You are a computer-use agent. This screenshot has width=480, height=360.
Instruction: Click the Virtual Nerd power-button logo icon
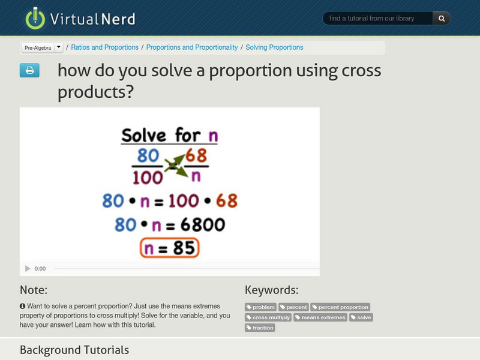point(35,19)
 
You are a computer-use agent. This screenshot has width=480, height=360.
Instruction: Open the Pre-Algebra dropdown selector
point(42,47)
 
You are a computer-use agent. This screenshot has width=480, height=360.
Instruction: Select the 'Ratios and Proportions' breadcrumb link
point(105,47)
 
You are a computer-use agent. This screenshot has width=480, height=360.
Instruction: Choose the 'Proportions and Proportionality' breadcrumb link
point(192,47)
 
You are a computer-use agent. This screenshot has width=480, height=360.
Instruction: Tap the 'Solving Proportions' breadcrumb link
point(274,47)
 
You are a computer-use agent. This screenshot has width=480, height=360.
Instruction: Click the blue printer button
point(29,71)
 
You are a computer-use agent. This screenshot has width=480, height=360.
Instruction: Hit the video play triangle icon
point(28,269)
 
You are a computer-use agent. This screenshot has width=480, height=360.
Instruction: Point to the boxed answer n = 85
point(170,247)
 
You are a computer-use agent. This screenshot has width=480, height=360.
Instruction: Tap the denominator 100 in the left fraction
point(148,176)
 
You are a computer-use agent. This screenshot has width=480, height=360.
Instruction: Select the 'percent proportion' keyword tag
point(340,307)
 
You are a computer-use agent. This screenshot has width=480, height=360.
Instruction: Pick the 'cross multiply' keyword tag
point(268,317)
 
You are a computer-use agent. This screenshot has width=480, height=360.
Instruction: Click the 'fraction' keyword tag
point(260,328)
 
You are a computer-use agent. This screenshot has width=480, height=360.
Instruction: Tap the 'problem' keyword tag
point(260,307)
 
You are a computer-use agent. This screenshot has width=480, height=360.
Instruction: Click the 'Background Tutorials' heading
point(74,350)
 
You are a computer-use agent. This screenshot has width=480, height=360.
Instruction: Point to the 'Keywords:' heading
point(271,290)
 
